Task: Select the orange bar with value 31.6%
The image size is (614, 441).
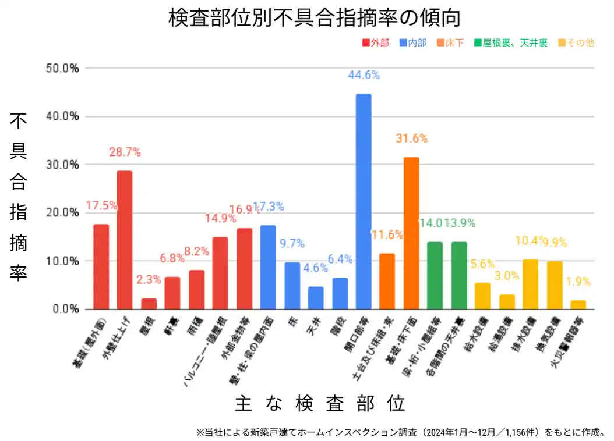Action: coord(411,233)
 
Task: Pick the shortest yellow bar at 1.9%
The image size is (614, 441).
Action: coord(578,304)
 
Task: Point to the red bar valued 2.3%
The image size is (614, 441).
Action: coord(149,303)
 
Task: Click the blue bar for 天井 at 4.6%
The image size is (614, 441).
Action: coord(316,297)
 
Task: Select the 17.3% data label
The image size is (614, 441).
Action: coord(268,207)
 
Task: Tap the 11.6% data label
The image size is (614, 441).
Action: coord(387,235)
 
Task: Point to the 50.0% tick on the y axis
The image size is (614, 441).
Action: coord(62,68)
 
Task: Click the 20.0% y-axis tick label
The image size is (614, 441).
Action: coord(62,213)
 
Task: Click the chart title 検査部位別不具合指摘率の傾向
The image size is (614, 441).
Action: coord(315,17)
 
